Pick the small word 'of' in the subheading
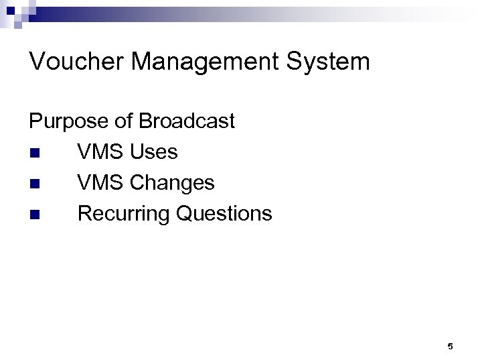pyautogui.click(x=123, y=121)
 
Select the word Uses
pyautogui.click(x=154, y=152)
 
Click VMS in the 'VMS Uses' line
pyautogui.click(x=101, y=152)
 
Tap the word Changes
pyautogui.click(x=173, y=182)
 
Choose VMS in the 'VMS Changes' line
pyautogui.click(x=101, y=182)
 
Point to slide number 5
pyautogui.click(x=450, y=347)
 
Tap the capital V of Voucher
pyautogui.click(x=37, y=62)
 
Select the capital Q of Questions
pyautogui.click(x=183, y=213)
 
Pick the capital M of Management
pyautogui.click(x=143, y=62)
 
